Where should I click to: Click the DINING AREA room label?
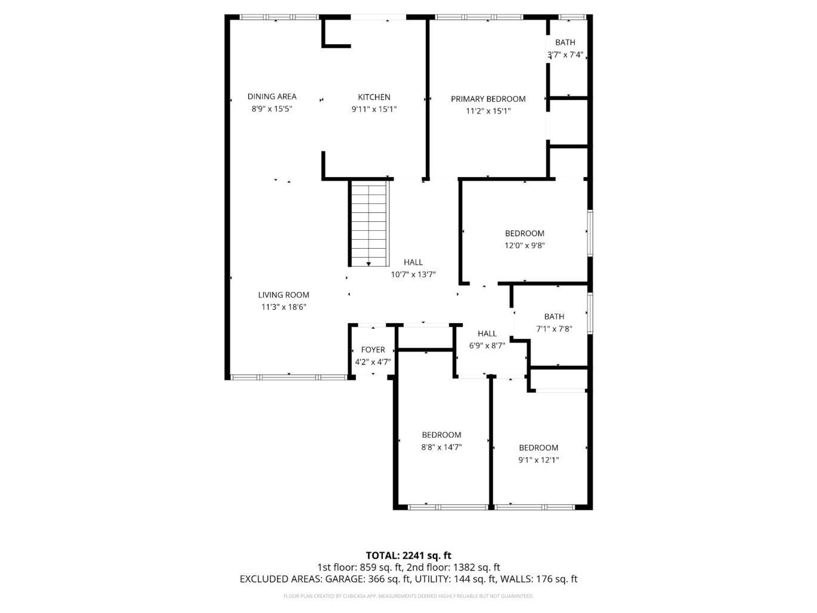272,97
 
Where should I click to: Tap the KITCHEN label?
374,97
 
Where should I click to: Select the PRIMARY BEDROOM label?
488,99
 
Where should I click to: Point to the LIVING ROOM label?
283,295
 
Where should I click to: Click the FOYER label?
373,350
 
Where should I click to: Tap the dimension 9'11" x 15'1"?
374,109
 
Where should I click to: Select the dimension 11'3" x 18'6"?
283,307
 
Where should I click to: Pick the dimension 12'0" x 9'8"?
524,245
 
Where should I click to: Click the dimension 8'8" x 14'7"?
441,447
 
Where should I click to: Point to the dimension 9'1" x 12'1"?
539,460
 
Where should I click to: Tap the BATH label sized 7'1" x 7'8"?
553,317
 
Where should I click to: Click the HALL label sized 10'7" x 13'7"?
413,262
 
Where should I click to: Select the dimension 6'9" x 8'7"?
487,346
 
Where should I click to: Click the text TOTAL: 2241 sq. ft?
408,556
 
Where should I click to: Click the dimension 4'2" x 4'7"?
373,362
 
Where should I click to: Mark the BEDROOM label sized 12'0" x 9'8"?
524,233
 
